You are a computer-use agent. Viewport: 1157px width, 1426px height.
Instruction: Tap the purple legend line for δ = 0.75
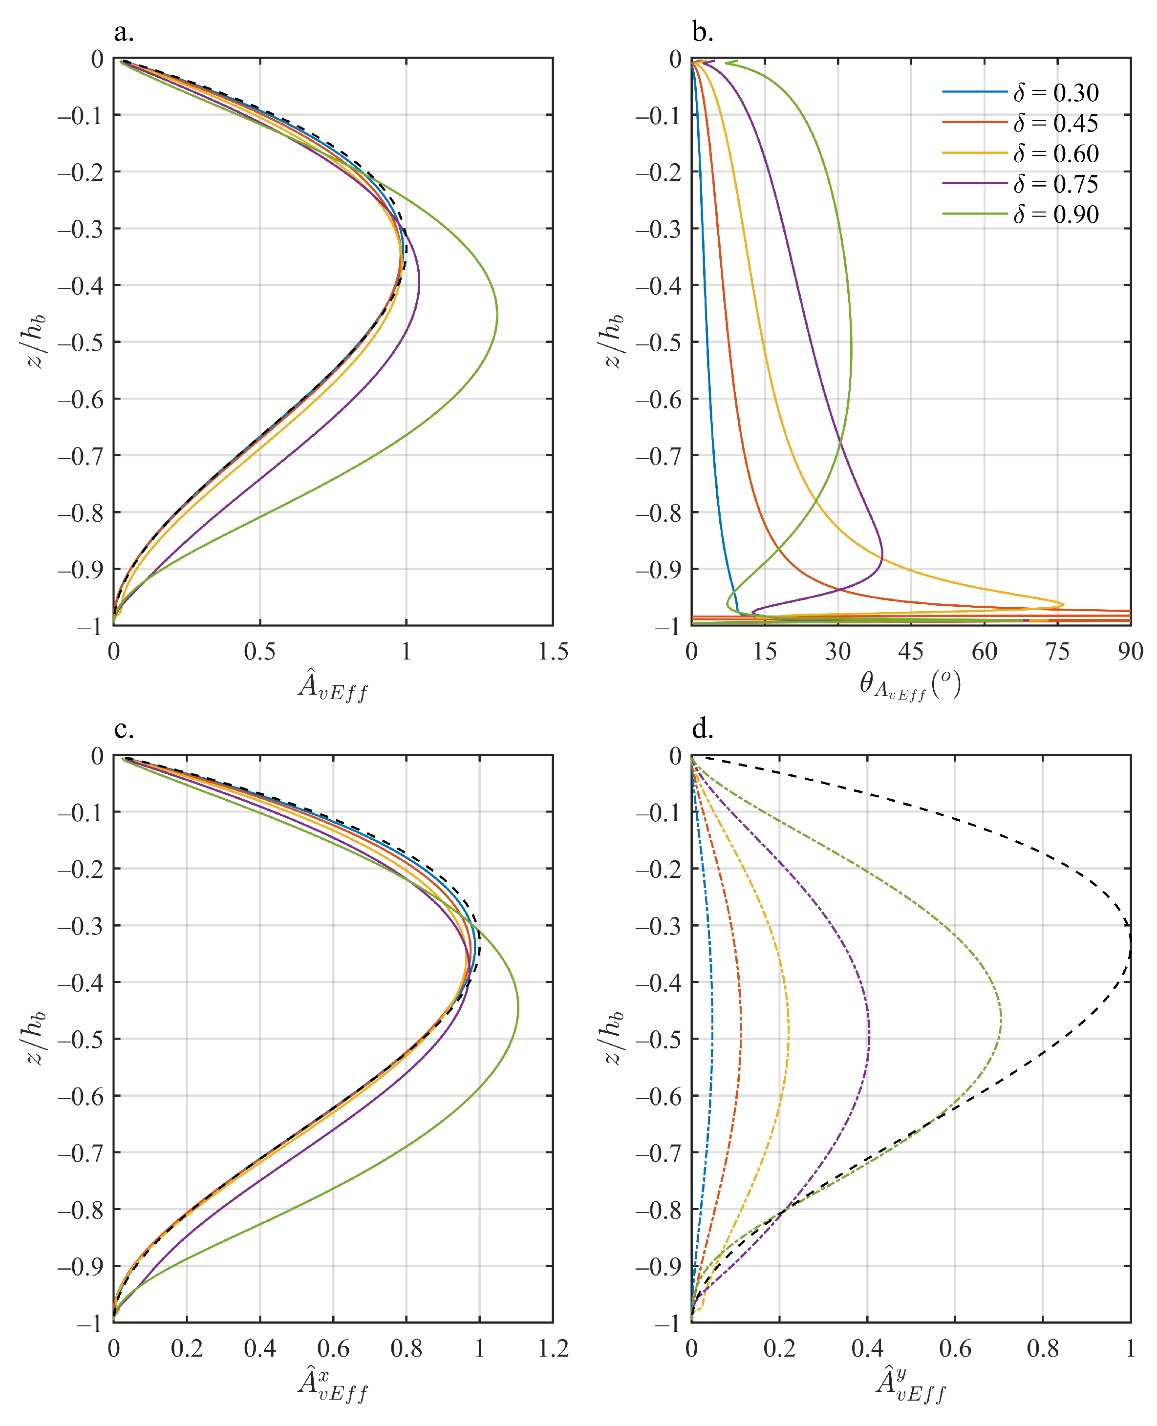974,183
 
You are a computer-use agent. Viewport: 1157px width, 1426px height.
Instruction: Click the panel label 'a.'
124,32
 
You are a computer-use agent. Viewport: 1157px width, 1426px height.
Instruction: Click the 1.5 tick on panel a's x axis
553,652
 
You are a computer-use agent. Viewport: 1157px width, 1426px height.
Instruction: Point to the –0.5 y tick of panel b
658,342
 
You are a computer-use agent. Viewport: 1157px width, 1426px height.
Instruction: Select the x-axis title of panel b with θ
910,685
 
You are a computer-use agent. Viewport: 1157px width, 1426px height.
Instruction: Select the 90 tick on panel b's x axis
1130,652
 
